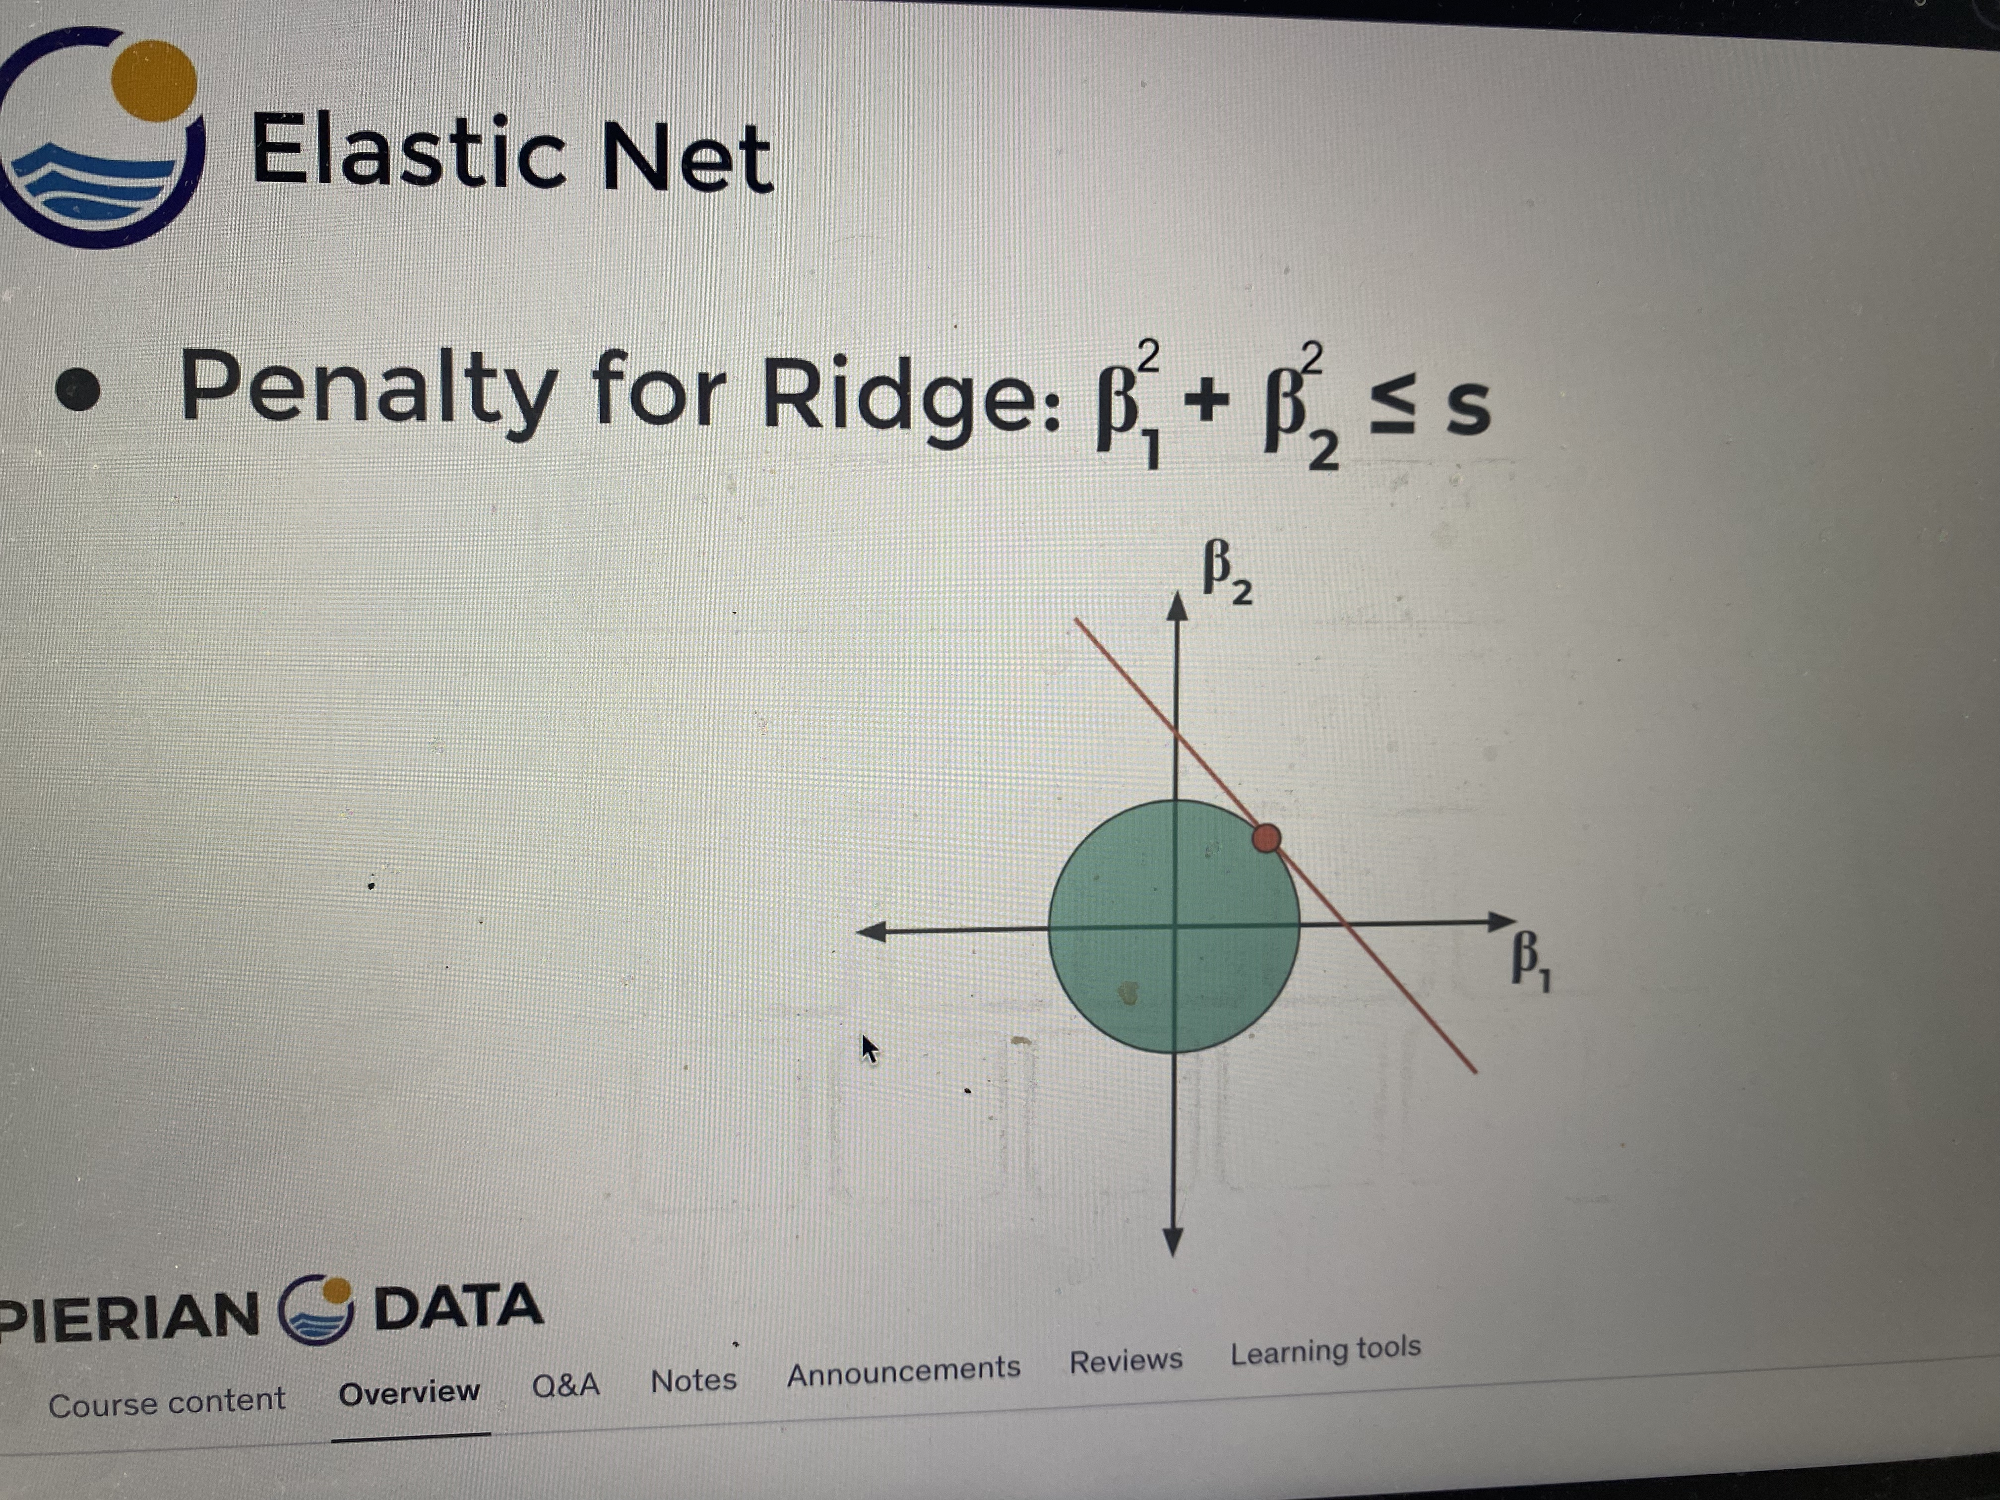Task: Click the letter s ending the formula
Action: pos(1467,407)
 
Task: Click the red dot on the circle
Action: pos(1266,838)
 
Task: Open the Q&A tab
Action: pos(566,1384)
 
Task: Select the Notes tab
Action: pos(693,1380)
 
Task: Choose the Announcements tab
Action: pos(903,1371)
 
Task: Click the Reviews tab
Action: pos(1125,1360)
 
